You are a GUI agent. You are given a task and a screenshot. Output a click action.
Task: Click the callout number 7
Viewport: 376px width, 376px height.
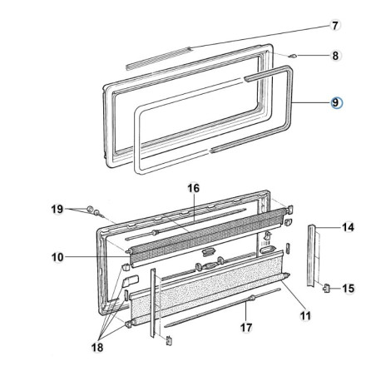click(x=335, y=26)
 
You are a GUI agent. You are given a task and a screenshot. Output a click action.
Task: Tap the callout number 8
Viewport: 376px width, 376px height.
click(x=335, y=57)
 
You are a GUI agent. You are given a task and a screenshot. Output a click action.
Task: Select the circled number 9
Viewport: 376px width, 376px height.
click(x=336, y=102)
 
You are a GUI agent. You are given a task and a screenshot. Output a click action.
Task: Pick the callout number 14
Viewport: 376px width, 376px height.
click(x=348, y=226)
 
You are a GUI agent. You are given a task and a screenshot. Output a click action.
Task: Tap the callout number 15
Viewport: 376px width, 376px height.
click(x=348, y=288)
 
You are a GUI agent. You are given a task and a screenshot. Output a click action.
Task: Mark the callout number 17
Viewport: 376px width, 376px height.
click(x=245, y=327)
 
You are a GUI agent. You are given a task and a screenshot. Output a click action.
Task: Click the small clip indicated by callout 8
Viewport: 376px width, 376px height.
click(x=294, y=57)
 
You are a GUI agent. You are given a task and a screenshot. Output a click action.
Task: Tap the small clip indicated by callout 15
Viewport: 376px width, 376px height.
click(x=326, y=288)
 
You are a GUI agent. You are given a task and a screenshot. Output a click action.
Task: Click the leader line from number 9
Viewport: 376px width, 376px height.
click(x=312, y=102)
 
